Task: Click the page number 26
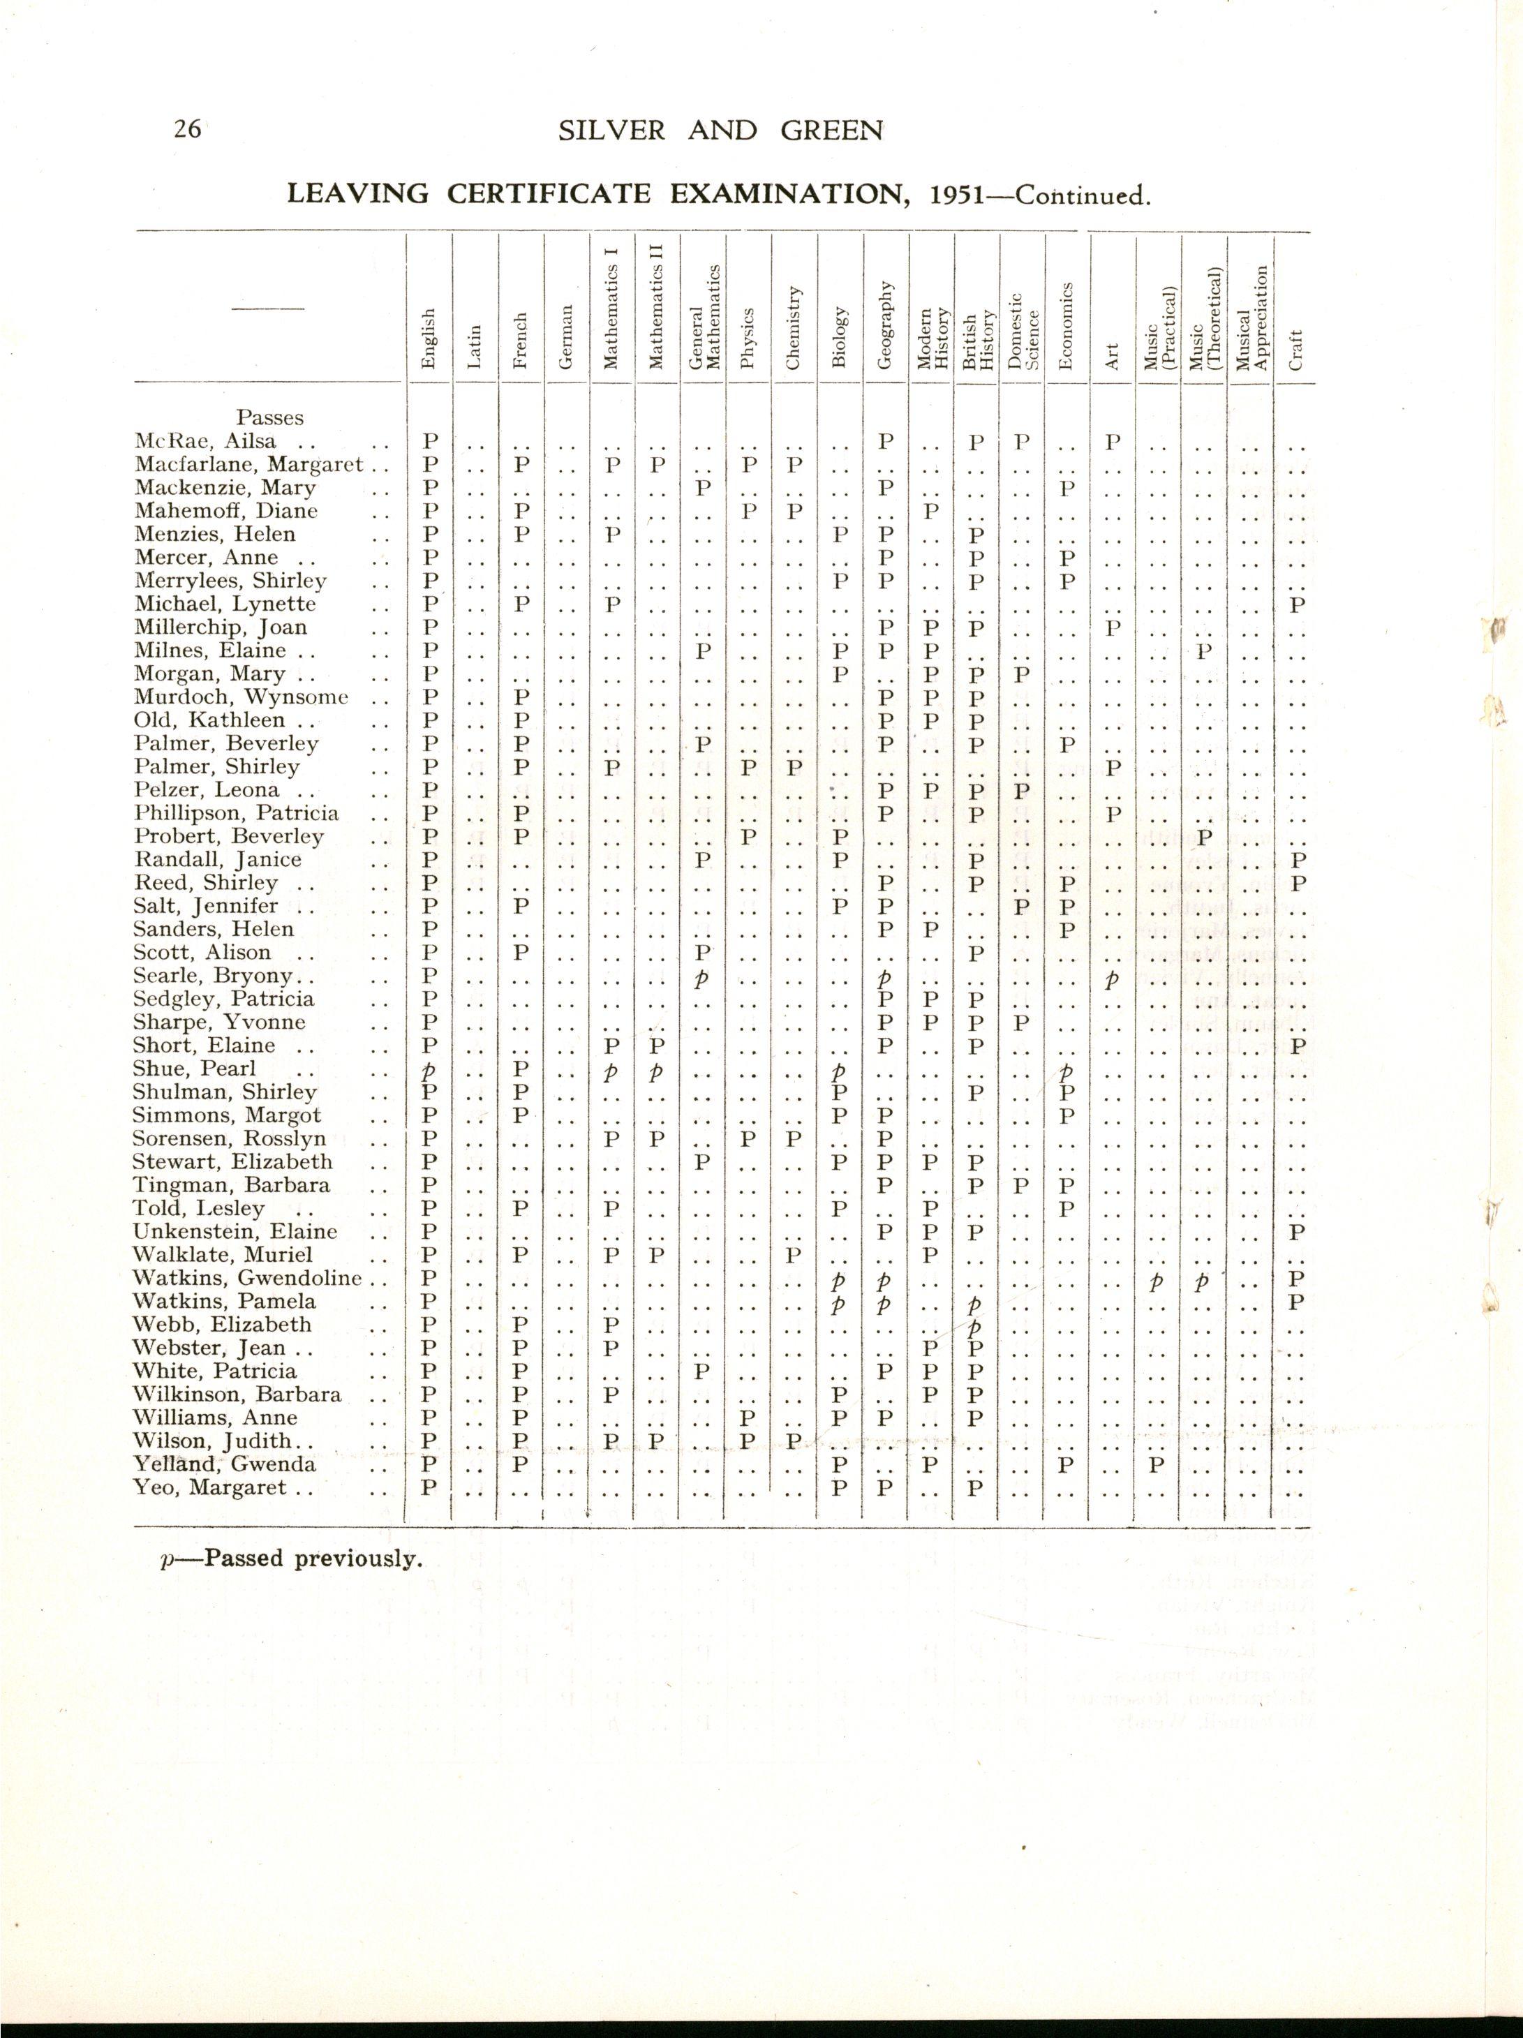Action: pyautogui.click(x=187, y=129)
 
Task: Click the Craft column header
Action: pyautogui.click(x=1295, y=350)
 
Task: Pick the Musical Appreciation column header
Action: pyautogui.click(x=1250, y=318)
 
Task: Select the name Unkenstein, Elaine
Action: pyautogui.click(x=235, y=1232)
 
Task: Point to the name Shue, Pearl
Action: pyautogui.click(x=195, y=1069)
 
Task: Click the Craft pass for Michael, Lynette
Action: pyautogui.click(x=1298, y=605)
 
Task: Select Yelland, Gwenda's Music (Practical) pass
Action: pyautogui.click(x=1158, y=1464)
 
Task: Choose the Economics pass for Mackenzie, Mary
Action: pyautogui.click(x=1067, y=487)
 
